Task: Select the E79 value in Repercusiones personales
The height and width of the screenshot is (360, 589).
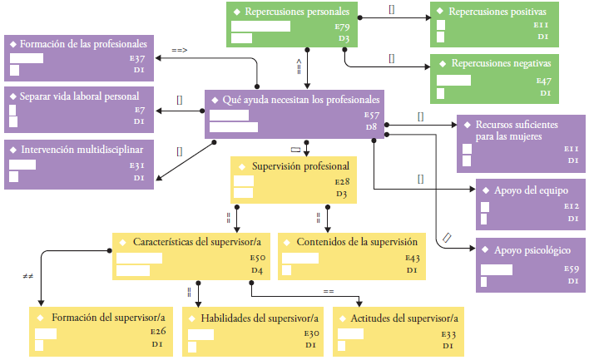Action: [x=342, y=27]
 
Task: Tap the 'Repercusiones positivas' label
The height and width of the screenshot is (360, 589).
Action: [x=497, y=12]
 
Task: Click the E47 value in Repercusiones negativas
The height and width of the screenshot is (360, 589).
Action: [x=544, y=81]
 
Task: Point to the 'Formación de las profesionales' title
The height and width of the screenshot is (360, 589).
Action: [x=83, y=43]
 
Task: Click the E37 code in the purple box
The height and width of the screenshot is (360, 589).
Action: [x=138, y=59]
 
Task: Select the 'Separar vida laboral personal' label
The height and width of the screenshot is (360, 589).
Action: [x=79, y=96]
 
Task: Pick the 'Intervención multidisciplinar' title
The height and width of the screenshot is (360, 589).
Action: [x=82, y=150]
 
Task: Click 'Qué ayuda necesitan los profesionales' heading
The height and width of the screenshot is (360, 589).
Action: [x=301, y=100]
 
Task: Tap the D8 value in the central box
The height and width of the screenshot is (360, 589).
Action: [x=371, y=127]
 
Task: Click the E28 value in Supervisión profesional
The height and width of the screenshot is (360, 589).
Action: [x=342, y=181]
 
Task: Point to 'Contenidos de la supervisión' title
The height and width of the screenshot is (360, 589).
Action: [x=351, y=242]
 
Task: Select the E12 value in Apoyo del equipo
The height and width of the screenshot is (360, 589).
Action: [x=571, y=205]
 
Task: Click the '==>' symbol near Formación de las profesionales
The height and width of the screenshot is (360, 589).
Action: [x=179, y=51]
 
